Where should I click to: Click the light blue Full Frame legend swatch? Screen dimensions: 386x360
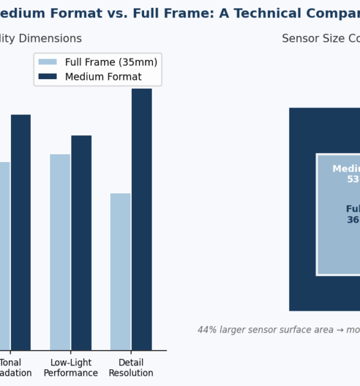point(48,62)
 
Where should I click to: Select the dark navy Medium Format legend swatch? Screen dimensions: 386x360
point(48,77)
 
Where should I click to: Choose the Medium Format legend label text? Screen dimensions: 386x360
point(104,77)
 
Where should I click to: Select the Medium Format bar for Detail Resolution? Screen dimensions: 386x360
point(141,219)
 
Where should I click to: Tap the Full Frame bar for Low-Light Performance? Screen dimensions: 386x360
point(60,252)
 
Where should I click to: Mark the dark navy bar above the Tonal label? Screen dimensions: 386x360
point(21,232)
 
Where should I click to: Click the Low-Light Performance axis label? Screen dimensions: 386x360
point(71,367)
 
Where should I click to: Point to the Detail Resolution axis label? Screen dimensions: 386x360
point(130,367)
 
